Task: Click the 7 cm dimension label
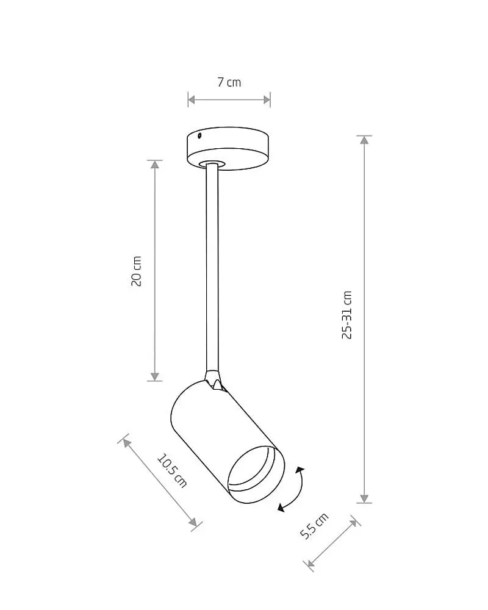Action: pyautogui.click(x=229, y=82)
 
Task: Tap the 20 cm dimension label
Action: pyautogui.click(x=136, y=271)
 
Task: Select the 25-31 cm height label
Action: pyautogui.click(x=346, y=315)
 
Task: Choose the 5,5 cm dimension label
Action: pyautogui.click(x=314, y=526)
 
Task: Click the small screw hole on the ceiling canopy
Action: pyautogui.click(x=199, y=136)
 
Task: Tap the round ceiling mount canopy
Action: pyautogui.click(x=228, y=148)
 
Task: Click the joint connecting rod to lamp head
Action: pyautogui.click(x=213, y=379)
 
